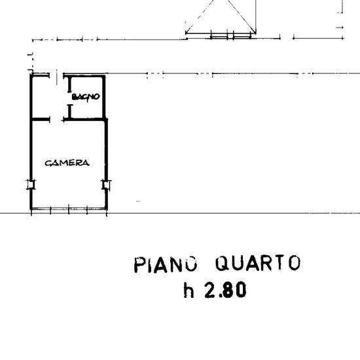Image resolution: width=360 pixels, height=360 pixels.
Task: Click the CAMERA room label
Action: point(67,163)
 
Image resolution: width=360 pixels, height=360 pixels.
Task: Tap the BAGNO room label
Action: point(86,97)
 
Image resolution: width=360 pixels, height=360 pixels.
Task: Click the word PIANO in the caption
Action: point(166,264)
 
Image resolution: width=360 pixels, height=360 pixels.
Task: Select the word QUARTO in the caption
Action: point(258,262)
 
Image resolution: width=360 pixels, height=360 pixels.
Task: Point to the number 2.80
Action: point(225,290)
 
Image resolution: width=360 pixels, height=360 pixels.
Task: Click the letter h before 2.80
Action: point(189,290)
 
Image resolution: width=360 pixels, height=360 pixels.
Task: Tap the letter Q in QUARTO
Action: point(222,263)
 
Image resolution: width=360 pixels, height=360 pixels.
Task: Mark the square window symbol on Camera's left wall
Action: point(31,185)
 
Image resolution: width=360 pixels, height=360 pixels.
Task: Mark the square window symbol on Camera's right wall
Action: point(106,185)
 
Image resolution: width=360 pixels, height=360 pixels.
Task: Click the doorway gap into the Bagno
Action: point(70,98)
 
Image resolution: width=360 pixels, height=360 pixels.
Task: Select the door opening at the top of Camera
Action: point(56,119)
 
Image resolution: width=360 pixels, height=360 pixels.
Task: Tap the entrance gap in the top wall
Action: point(56,75)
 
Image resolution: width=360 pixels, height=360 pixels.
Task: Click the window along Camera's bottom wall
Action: point(69,209)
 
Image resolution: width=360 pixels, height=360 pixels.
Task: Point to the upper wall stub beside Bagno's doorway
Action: point(70,84)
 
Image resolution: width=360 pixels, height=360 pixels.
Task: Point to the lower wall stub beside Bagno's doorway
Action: point(70,111)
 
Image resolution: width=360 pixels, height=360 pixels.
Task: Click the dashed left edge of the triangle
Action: point(200,16)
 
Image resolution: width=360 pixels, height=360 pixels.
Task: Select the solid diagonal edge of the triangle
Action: point(242,16)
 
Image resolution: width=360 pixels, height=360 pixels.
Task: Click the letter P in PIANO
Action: point(139,265)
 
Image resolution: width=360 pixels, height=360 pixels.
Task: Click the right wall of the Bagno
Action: point(104,97)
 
